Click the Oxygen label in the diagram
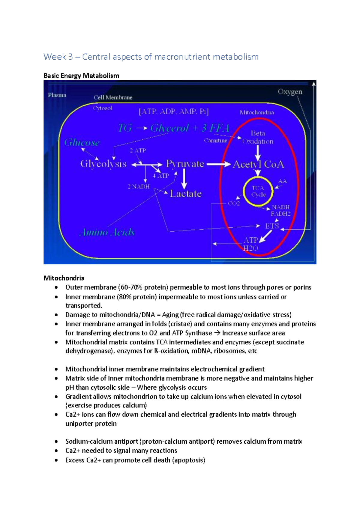click(290, 92)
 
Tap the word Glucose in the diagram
click(82, 142)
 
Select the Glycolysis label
click(103, 164)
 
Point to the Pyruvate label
click(185, 164)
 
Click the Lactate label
click(186, 194)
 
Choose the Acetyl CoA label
click(258, 164)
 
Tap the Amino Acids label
click(107, 232)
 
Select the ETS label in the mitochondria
click(272, 226)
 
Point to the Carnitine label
click(215, 141)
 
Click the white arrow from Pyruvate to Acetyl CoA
click(218, 164)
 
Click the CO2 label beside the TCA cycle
click(234, 204)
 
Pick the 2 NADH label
click(139, 187)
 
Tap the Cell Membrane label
click(113, 97)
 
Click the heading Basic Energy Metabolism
click(81, 76)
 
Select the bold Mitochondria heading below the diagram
click(64, 278)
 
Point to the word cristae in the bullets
click(180, 324)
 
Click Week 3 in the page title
click(58, 57)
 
